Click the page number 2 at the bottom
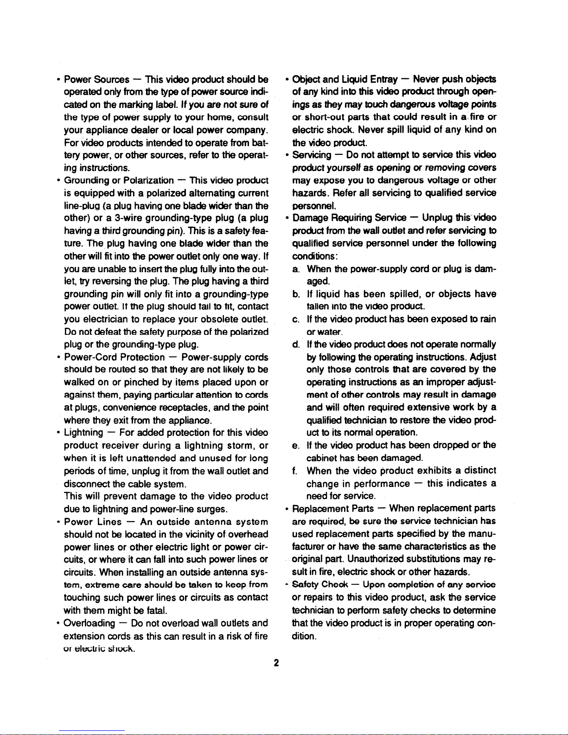point(276,663)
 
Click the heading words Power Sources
point(96,79)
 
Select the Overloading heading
point(89,623)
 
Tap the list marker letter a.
point(295,269)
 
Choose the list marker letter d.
point(295,345)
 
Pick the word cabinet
point(322,458)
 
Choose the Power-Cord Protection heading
point(114,357)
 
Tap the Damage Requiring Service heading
point(349,218)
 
